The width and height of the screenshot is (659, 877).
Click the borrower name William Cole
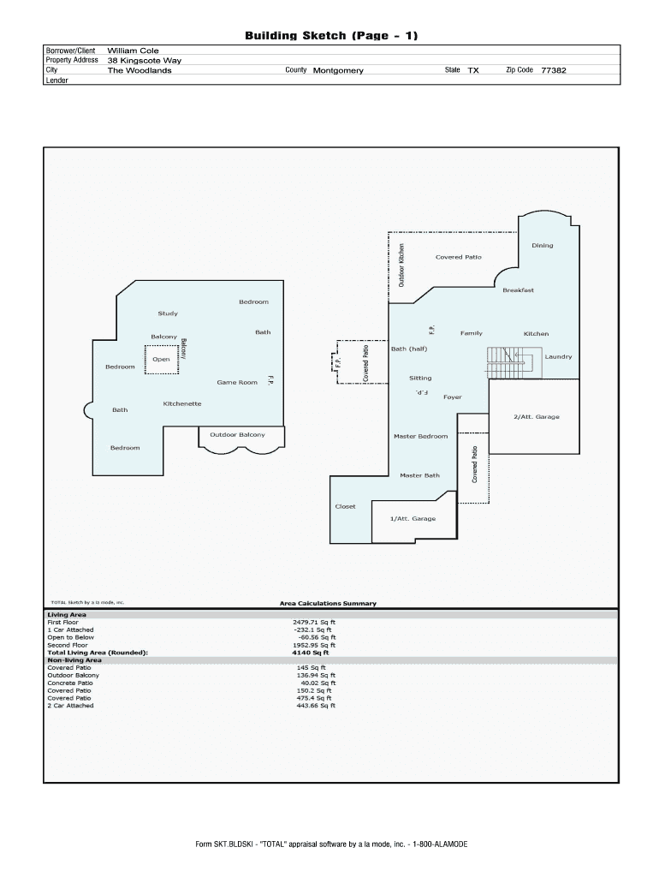pyautogui.click(x=133, y=51)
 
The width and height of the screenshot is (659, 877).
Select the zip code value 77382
pyautogui.click(x=554, y=70)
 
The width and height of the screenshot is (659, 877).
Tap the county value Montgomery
pyautogui.click(x=338, y=70)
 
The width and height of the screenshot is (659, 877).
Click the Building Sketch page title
pyautogui.click(x=331, y=36)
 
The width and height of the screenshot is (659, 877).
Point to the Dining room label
pyautogui.click(x=543, y=246)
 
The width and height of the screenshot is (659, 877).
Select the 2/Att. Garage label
pyautogui.click(x=536, y=417)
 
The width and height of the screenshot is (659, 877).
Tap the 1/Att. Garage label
pyautogui.click(x=413, y=518)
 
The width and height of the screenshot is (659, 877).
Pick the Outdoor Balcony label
pyautogui.click(x=238, y=434)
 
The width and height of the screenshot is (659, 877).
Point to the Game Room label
pyautogui.click(x=237, y=383)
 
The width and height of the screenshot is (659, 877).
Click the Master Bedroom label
pyautogui.click(x=420, y=436)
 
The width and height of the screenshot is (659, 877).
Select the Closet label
pyautogui.click(x=345, y=507)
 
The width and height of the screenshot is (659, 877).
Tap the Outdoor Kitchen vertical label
pyautogui.click(x=401, y=265)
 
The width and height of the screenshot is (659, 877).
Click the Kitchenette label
pyautogui.click(x=182, y=404)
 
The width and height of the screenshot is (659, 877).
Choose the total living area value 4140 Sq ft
pyautogui.click(x=310, y=653)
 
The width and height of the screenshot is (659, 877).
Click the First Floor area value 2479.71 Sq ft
pyautogui.click(x=314, y=622)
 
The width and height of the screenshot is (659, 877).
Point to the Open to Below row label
pyautogui.click(x=70, y=637)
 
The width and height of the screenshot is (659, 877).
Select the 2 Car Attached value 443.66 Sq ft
pyautogui.click(x=316, y=706)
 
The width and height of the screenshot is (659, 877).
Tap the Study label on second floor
pyautogui.click(x=168, y=313)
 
